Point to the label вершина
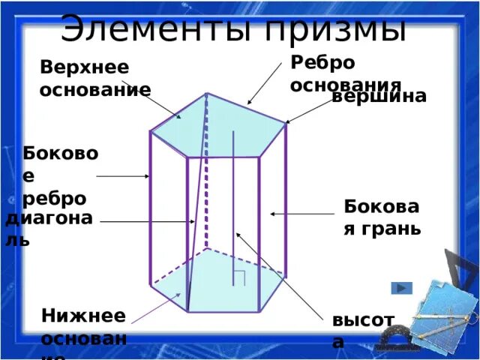pyautogui.click(x=379, y=96)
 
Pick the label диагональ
pyautogui.click(x=48, y=228)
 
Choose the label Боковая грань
pyautogui.click(x=382, y=217)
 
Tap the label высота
pyautogui.click(x=362, y=331)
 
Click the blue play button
pyautogui.click(x=402, y=288)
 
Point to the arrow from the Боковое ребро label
pyautogui.click(x=123, y=176)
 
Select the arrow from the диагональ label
pyautogui.click(x=147, y=222)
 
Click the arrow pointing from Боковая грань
pyautogui.click(x=296, y=214)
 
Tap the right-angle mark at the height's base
pyautogui.click(x=240, y=276)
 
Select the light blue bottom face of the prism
pyautogui.click(x=217, y=281)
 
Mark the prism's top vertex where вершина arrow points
pyautogui.click(x=286, y=123)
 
